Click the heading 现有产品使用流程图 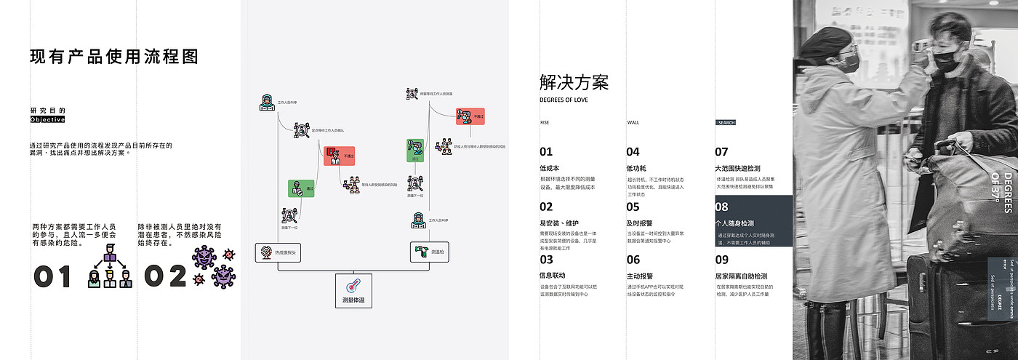pos(114,57)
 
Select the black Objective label pos(48,119)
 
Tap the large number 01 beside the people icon pos(53,276)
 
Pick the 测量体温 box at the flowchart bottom pos(353,290)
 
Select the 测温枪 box pos(430,252)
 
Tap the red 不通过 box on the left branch pos(340,156)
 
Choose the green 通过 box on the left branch pos(302,188)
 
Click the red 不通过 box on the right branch pos(470,116)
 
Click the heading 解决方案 pos(574,81)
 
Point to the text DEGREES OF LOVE pos(564,100)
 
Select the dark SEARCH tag pos(726,123)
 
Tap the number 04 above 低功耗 pos(633,152)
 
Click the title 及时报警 pos(640,223)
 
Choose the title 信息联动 pos(553,276)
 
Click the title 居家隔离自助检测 pos(741,276)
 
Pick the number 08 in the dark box pos(722,207)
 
